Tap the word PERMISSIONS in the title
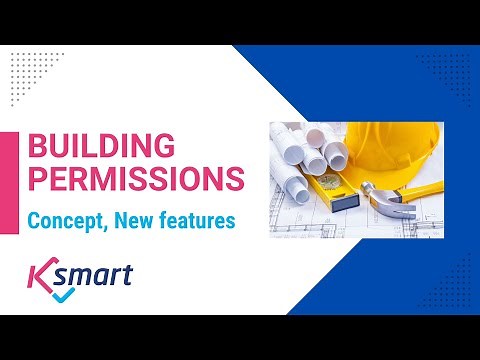click(134, 180)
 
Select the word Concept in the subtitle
click(63, 220)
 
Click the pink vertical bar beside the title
click(14, 164)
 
